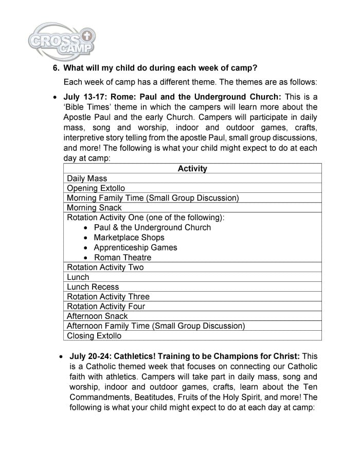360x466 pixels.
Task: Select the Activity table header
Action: coord(192,169)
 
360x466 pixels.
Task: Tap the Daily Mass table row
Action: coord(87,178)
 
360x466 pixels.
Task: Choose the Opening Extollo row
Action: coord(96,188)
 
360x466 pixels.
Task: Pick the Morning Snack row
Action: coord(94,208)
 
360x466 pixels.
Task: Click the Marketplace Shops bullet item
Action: coord(129,238)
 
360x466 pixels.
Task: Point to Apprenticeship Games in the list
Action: coord(135,247)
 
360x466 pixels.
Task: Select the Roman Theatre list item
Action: coord(122,257)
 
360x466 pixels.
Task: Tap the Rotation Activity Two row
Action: coord(105,267)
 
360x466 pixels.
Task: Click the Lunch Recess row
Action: coord(93,286)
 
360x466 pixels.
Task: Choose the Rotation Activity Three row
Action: coord(108,296)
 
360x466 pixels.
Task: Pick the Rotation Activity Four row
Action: coord(106,306)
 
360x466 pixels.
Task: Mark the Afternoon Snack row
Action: coord(97,316)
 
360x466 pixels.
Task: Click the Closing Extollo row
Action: coord(94,336)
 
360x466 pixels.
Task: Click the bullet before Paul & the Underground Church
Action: coord(85,228)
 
